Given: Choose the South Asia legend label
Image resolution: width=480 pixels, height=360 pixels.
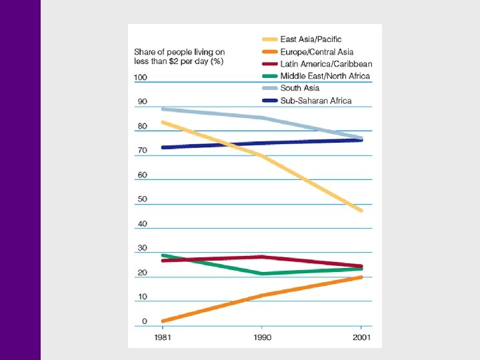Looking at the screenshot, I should click(x=300, y=88).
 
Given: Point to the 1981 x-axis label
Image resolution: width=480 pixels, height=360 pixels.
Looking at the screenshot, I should click(x=162, y=337).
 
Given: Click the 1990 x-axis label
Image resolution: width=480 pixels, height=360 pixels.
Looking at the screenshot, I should click(x=261, y=337).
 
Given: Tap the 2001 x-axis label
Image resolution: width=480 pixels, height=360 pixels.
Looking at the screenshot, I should click(x=361, y=337).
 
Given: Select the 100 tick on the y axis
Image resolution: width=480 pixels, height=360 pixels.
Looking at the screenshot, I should click(x=140, y=78).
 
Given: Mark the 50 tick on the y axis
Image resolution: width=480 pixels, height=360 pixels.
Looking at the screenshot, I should click(x=142, y=199).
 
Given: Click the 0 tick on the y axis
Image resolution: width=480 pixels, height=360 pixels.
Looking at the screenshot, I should click(x=144, y=321).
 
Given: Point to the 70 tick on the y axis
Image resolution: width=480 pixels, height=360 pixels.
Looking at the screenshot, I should click(x=142, y=151).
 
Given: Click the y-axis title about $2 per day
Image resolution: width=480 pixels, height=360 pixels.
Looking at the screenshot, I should click(x=178, y=57).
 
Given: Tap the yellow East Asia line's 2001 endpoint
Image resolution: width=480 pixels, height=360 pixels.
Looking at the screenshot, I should click(x=361, y=211).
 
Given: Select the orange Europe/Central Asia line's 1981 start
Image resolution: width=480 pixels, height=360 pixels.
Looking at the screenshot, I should click(x=163, y=321).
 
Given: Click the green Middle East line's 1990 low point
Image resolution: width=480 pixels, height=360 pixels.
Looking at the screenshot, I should click(x=262, y=273).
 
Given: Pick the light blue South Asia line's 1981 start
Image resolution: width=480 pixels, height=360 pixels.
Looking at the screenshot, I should click(x=163, y=109).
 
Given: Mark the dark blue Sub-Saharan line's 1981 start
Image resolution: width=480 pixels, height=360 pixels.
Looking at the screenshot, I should click(x=163, y=147).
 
